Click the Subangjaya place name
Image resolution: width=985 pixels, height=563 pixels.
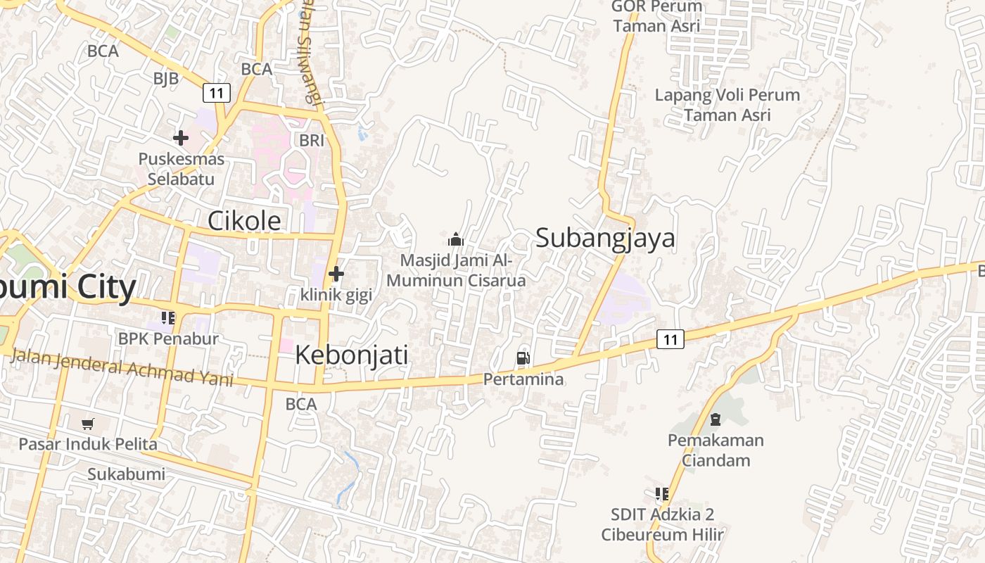pos(605,238)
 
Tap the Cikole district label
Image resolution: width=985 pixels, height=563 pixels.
pos(244,221)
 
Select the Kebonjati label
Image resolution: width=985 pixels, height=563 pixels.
pos(351,355)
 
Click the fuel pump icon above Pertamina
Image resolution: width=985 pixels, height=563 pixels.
pos(523,358)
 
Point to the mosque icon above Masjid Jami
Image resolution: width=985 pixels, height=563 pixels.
pos(456,239)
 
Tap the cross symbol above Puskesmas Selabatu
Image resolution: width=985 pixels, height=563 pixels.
pos(181,138)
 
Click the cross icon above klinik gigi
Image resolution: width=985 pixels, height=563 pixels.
pos(336,273)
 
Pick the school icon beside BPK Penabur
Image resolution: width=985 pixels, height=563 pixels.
pos(168,318)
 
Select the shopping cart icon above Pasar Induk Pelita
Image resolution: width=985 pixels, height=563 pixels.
pos(87,424)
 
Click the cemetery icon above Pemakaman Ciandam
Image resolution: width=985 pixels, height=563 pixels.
pos(716,420)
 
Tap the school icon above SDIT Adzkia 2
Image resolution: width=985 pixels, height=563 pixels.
pos(661,494)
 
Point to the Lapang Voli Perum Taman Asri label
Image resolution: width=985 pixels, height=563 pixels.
pos(727,105)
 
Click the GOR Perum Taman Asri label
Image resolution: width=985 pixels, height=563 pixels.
pos(656,16)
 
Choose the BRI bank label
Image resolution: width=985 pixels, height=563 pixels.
pos(312,140)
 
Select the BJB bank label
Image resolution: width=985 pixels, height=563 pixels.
pos(166,78)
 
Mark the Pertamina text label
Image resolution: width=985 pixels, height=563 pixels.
pos(523,379)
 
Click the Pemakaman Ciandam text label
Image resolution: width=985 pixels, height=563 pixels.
pos(716,450)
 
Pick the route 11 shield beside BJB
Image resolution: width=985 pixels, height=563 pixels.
pos(217,92)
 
